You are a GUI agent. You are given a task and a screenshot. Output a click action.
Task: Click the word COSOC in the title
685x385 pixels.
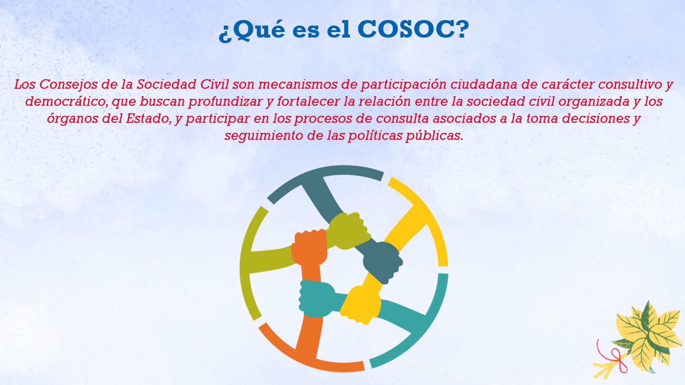pyautogui.click(x=413, y=29)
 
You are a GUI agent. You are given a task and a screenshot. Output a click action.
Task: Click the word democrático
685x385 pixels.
pyautogui.click(x=66, y=102)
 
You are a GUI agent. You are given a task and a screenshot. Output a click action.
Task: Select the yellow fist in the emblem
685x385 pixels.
pyautogui.click(x=361, y=305)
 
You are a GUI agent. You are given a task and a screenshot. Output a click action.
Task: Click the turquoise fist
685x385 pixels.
pyautogui.click(x=317, y=298)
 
